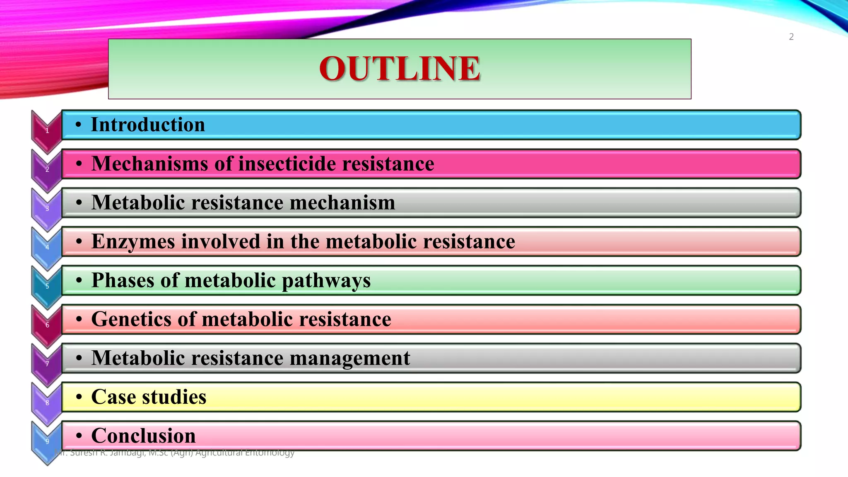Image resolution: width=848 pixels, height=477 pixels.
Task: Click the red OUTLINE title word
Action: click(x=400, y=68)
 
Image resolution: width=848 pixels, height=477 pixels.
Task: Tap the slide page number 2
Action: click(x=791, y=37)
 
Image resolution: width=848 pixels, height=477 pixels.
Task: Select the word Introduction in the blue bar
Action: click(x=148, y=125)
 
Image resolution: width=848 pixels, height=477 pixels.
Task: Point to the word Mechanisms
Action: click(x=149, y=164)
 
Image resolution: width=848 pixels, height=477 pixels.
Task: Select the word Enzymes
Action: click(x=133, y=241)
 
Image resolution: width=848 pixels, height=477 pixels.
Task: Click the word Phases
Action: click(x=123, y=280)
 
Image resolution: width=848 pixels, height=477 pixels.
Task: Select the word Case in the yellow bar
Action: click(x=113, y=397)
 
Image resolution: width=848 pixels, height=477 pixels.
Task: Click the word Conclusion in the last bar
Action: click(x=143, y=436)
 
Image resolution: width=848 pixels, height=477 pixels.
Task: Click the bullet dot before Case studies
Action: click(x=79, y=397)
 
